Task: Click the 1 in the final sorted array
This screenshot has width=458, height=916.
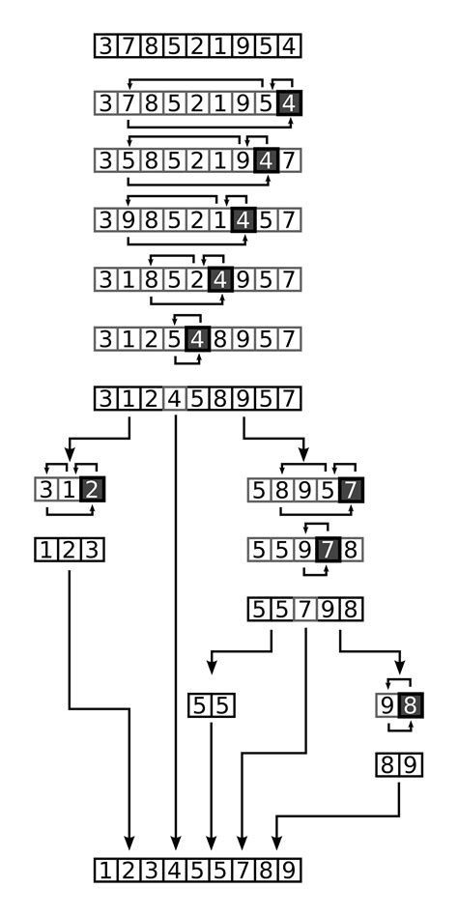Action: pos(105,871)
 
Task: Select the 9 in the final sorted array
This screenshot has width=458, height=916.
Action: pos(289,871)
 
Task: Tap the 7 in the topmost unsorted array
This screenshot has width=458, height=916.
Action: pos(129,45)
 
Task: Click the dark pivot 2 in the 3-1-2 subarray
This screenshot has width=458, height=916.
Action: pos(92,490)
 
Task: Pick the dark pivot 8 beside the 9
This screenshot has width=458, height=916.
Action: pos(410,705)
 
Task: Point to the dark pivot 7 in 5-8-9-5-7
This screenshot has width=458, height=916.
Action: pos(351,490)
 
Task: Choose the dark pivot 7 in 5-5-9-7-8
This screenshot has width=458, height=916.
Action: pos(328,550)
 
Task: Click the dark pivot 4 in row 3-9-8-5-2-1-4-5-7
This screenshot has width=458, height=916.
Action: pos(243,220)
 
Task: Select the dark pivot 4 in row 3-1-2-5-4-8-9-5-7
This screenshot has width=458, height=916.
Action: pos(197,339)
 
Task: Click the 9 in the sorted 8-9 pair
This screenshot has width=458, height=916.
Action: pos(410,764)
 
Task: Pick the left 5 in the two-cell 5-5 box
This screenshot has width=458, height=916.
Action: pos(199,705)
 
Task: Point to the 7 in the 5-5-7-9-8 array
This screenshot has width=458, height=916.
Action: pos(304,610)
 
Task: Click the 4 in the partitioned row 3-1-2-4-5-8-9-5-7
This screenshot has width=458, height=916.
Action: pos(175,399)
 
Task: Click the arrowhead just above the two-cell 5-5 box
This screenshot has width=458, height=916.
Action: pos(213,667)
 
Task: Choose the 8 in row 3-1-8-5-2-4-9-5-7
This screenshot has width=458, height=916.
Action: pos(152,280)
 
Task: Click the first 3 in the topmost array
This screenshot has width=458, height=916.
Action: pos(105,45)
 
